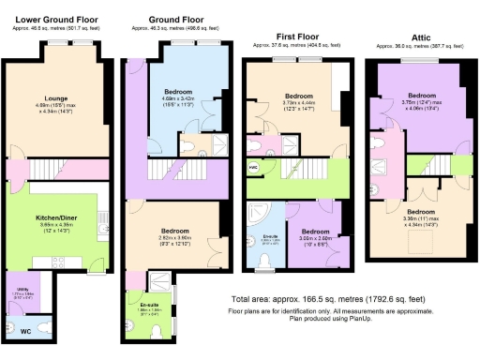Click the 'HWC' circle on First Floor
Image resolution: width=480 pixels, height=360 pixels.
253,167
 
